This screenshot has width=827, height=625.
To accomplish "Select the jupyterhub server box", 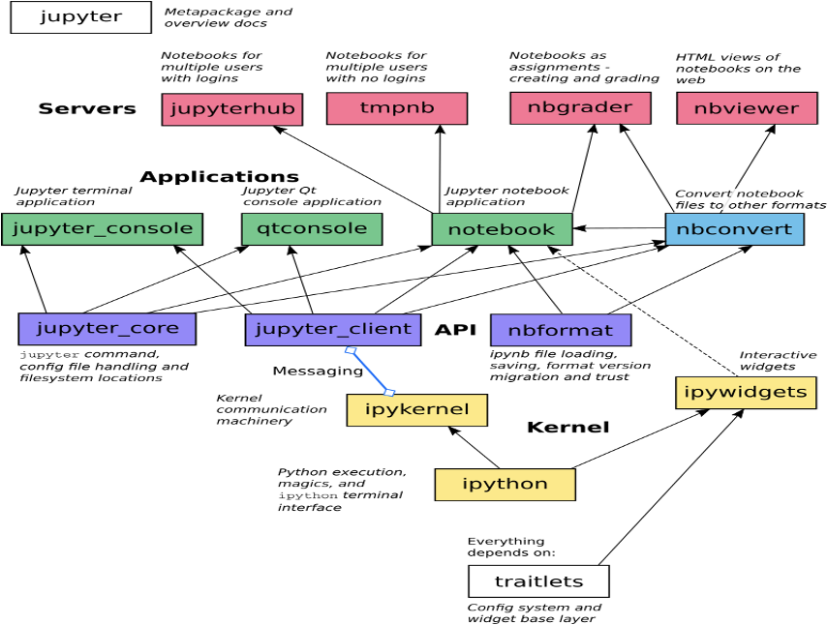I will (x=231, y=108).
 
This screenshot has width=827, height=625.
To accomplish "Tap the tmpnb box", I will (x=397, y=108).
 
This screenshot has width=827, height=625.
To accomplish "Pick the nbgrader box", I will (x=570, y=107).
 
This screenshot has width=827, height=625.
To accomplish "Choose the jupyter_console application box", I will (x=102, y=229).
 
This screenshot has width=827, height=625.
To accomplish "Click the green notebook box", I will (x=501, y=229).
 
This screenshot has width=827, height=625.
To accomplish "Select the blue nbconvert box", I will (x=734, y=229).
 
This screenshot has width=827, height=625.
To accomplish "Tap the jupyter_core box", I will (x=107, y=328).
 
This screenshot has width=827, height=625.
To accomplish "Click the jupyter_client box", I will (x=333, y=329).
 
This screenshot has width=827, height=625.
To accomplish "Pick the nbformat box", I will (x=561, y=329).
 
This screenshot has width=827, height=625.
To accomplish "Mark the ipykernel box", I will (x=416, y=409).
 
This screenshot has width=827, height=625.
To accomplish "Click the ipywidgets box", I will (x=747, y=393).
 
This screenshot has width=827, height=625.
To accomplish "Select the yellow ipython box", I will (x=505, y=484).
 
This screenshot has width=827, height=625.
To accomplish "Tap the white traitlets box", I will (x=538, y=581).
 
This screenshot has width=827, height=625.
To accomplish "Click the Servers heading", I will (x=87, y=108).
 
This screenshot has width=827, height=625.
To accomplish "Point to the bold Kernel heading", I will (x=567, y=427).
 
